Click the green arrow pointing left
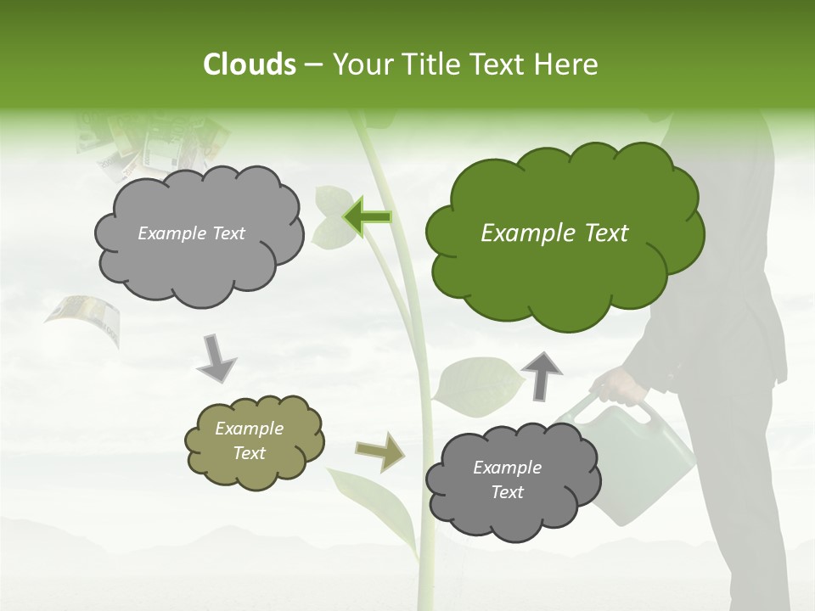pyautogui.click(x=366, y=217)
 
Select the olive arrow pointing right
pyautogui.click(x=379, y=451)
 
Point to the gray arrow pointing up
pyautogui.click(x=542, y=376)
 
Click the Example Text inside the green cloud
pyautogui.click(x=554, y=233)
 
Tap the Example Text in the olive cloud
pyautogui.click(x=249, y=441)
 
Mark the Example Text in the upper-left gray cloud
pyautogui.click(x=191, y=233)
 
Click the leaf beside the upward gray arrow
pyautogui.click(x=477, y=386)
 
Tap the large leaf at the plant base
pyautogui.click(x=374, y=505)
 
